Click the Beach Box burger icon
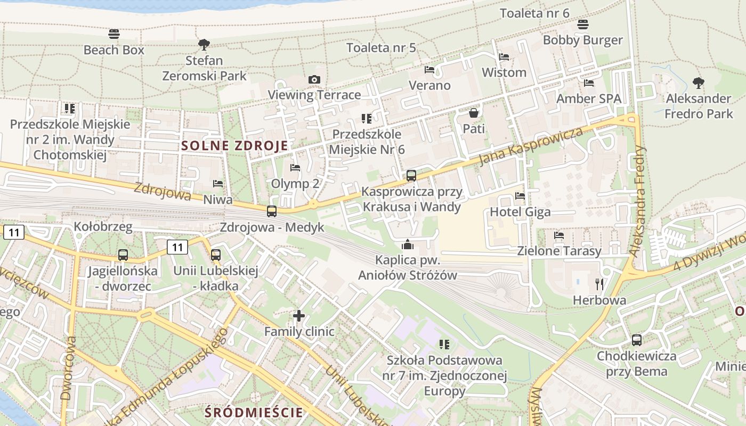click(114, 34)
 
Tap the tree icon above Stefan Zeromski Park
click(204, 44)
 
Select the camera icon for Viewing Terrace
click(314, 80)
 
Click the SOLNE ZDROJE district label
click(234, 145)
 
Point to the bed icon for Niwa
click(218, 184)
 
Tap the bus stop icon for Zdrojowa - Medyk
click(272, 211)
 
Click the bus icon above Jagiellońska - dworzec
click(123, 255)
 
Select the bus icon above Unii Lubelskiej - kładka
click(216, 255)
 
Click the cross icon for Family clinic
click(299, 316)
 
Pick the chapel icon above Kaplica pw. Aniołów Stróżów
click(408, 244)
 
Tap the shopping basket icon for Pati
click(473, 113)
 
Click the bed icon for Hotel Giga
click(520, 196)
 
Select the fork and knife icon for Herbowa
click(599, 284)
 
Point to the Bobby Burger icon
click(583, 24)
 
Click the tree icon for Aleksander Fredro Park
click(698, 83)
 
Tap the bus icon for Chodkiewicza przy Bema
click(636, 340)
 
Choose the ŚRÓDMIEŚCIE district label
click(254, 412)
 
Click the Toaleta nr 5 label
click(381, 47)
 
